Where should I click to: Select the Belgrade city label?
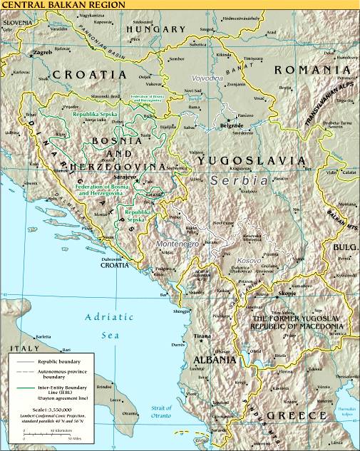[232, 125]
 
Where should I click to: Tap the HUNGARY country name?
[155, 29]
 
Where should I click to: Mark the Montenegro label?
[175, 244]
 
